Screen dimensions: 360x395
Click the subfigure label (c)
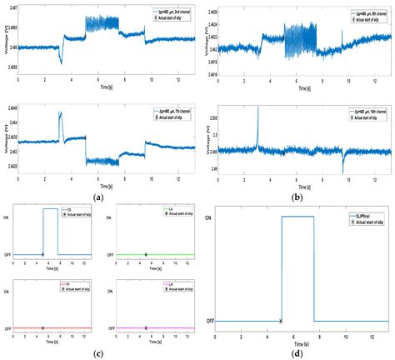click(99, 354)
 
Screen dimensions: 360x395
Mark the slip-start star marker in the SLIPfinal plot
click(281, 321)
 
